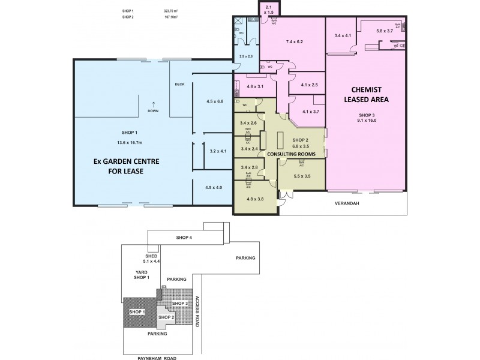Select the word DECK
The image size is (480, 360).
coord(179,85)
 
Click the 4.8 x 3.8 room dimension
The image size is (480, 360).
coord(247,199)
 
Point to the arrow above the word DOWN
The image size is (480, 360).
coord(154,103)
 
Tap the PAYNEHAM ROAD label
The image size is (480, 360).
coord(159,356)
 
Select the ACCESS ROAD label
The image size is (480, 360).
coord(203,309)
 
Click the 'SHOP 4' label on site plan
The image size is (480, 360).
coord(184,238)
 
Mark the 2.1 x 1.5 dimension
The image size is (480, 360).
coord(268,8)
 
